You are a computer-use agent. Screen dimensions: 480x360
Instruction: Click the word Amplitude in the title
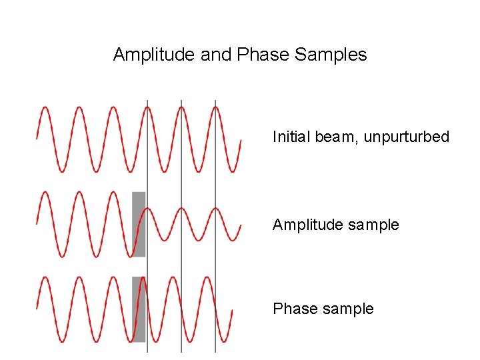(154, 55)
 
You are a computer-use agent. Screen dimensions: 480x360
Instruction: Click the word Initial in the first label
(291, 137)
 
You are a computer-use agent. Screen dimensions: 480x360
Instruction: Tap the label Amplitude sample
(335, 225)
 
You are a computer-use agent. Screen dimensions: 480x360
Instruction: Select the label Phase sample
(323, 309)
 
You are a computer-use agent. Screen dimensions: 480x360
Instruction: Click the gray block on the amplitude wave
(139, 224)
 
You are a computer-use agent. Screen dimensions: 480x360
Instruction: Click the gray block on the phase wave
(139, 309)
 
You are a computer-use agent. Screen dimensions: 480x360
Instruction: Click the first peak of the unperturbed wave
(45, 107)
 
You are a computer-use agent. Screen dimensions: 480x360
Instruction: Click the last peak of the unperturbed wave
(215, 107)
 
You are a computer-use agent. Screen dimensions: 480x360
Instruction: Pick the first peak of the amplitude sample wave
(45, 193)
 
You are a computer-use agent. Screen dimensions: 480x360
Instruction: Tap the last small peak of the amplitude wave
(215, 209)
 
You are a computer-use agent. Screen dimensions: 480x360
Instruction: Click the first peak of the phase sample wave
(45, 277)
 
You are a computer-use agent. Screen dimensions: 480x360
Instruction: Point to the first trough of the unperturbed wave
(61, 171)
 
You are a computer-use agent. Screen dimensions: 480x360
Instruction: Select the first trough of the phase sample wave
(61, 341)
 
